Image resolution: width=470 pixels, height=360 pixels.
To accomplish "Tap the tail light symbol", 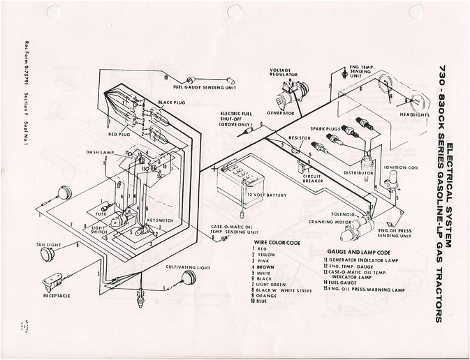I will point(47,254).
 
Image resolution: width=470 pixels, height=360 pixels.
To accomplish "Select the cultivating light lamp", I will point(187,277).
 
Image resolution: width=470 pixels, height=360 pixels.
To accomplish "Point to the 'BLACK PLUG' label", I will point(171,103).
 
